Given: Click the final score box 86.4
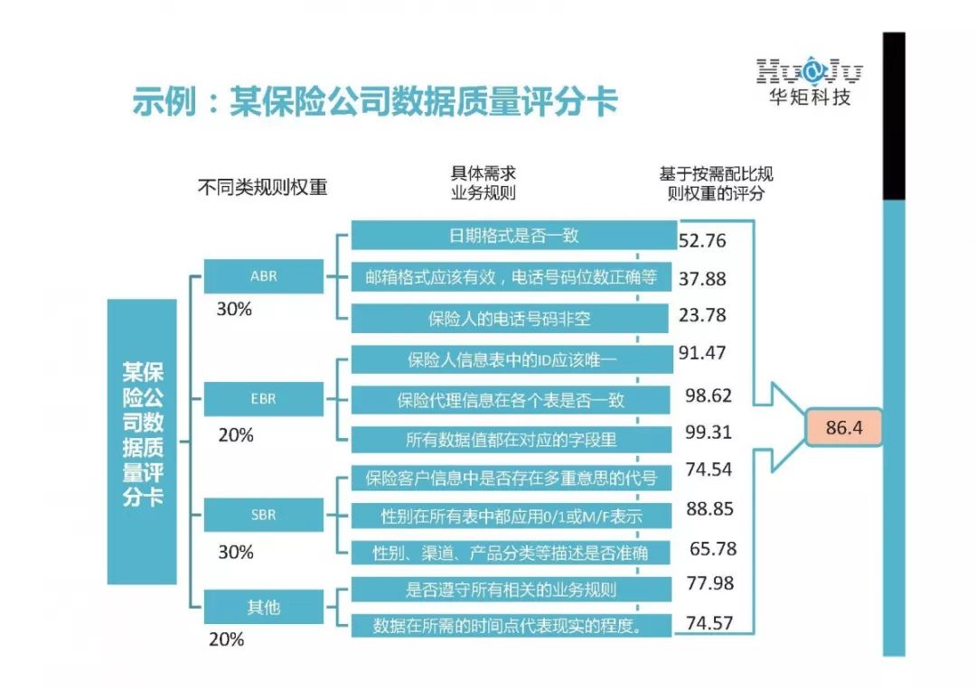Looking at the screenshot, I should (844, 427).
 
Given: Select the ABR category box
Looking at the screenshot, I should (263, 276).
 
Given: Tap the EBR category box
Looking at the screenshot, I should (263, 398).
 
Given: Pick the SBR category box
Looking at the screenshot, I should (263, 515).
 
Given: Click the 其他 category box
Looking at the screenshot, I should (263, 607).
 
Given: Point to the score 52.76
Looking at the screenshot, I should (702, 241).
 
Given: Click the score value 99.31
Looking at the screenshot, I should (709, 433).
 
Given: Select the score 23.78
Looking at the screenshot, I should (702, 315).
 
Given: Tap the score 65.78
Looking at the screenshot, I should (712, 549).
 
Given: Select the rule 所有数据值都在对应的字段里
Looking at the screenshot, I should (511, 440).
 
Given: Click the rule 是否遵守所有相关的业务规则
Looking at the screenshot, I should (511, 590).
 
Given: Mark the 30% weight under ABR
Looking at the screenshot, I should (234, 309).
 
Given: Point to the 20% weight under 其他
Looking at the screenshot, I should (226, 639).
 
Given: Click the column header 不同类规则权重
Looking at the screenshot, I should (262, 187).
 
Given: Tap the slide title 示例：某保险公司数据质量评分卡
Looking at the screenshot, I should (375, 102).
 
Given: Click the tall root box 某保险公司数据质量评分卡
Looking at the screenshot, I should (142, 442).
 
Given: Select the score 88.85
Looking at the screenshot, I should (709, 509).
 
